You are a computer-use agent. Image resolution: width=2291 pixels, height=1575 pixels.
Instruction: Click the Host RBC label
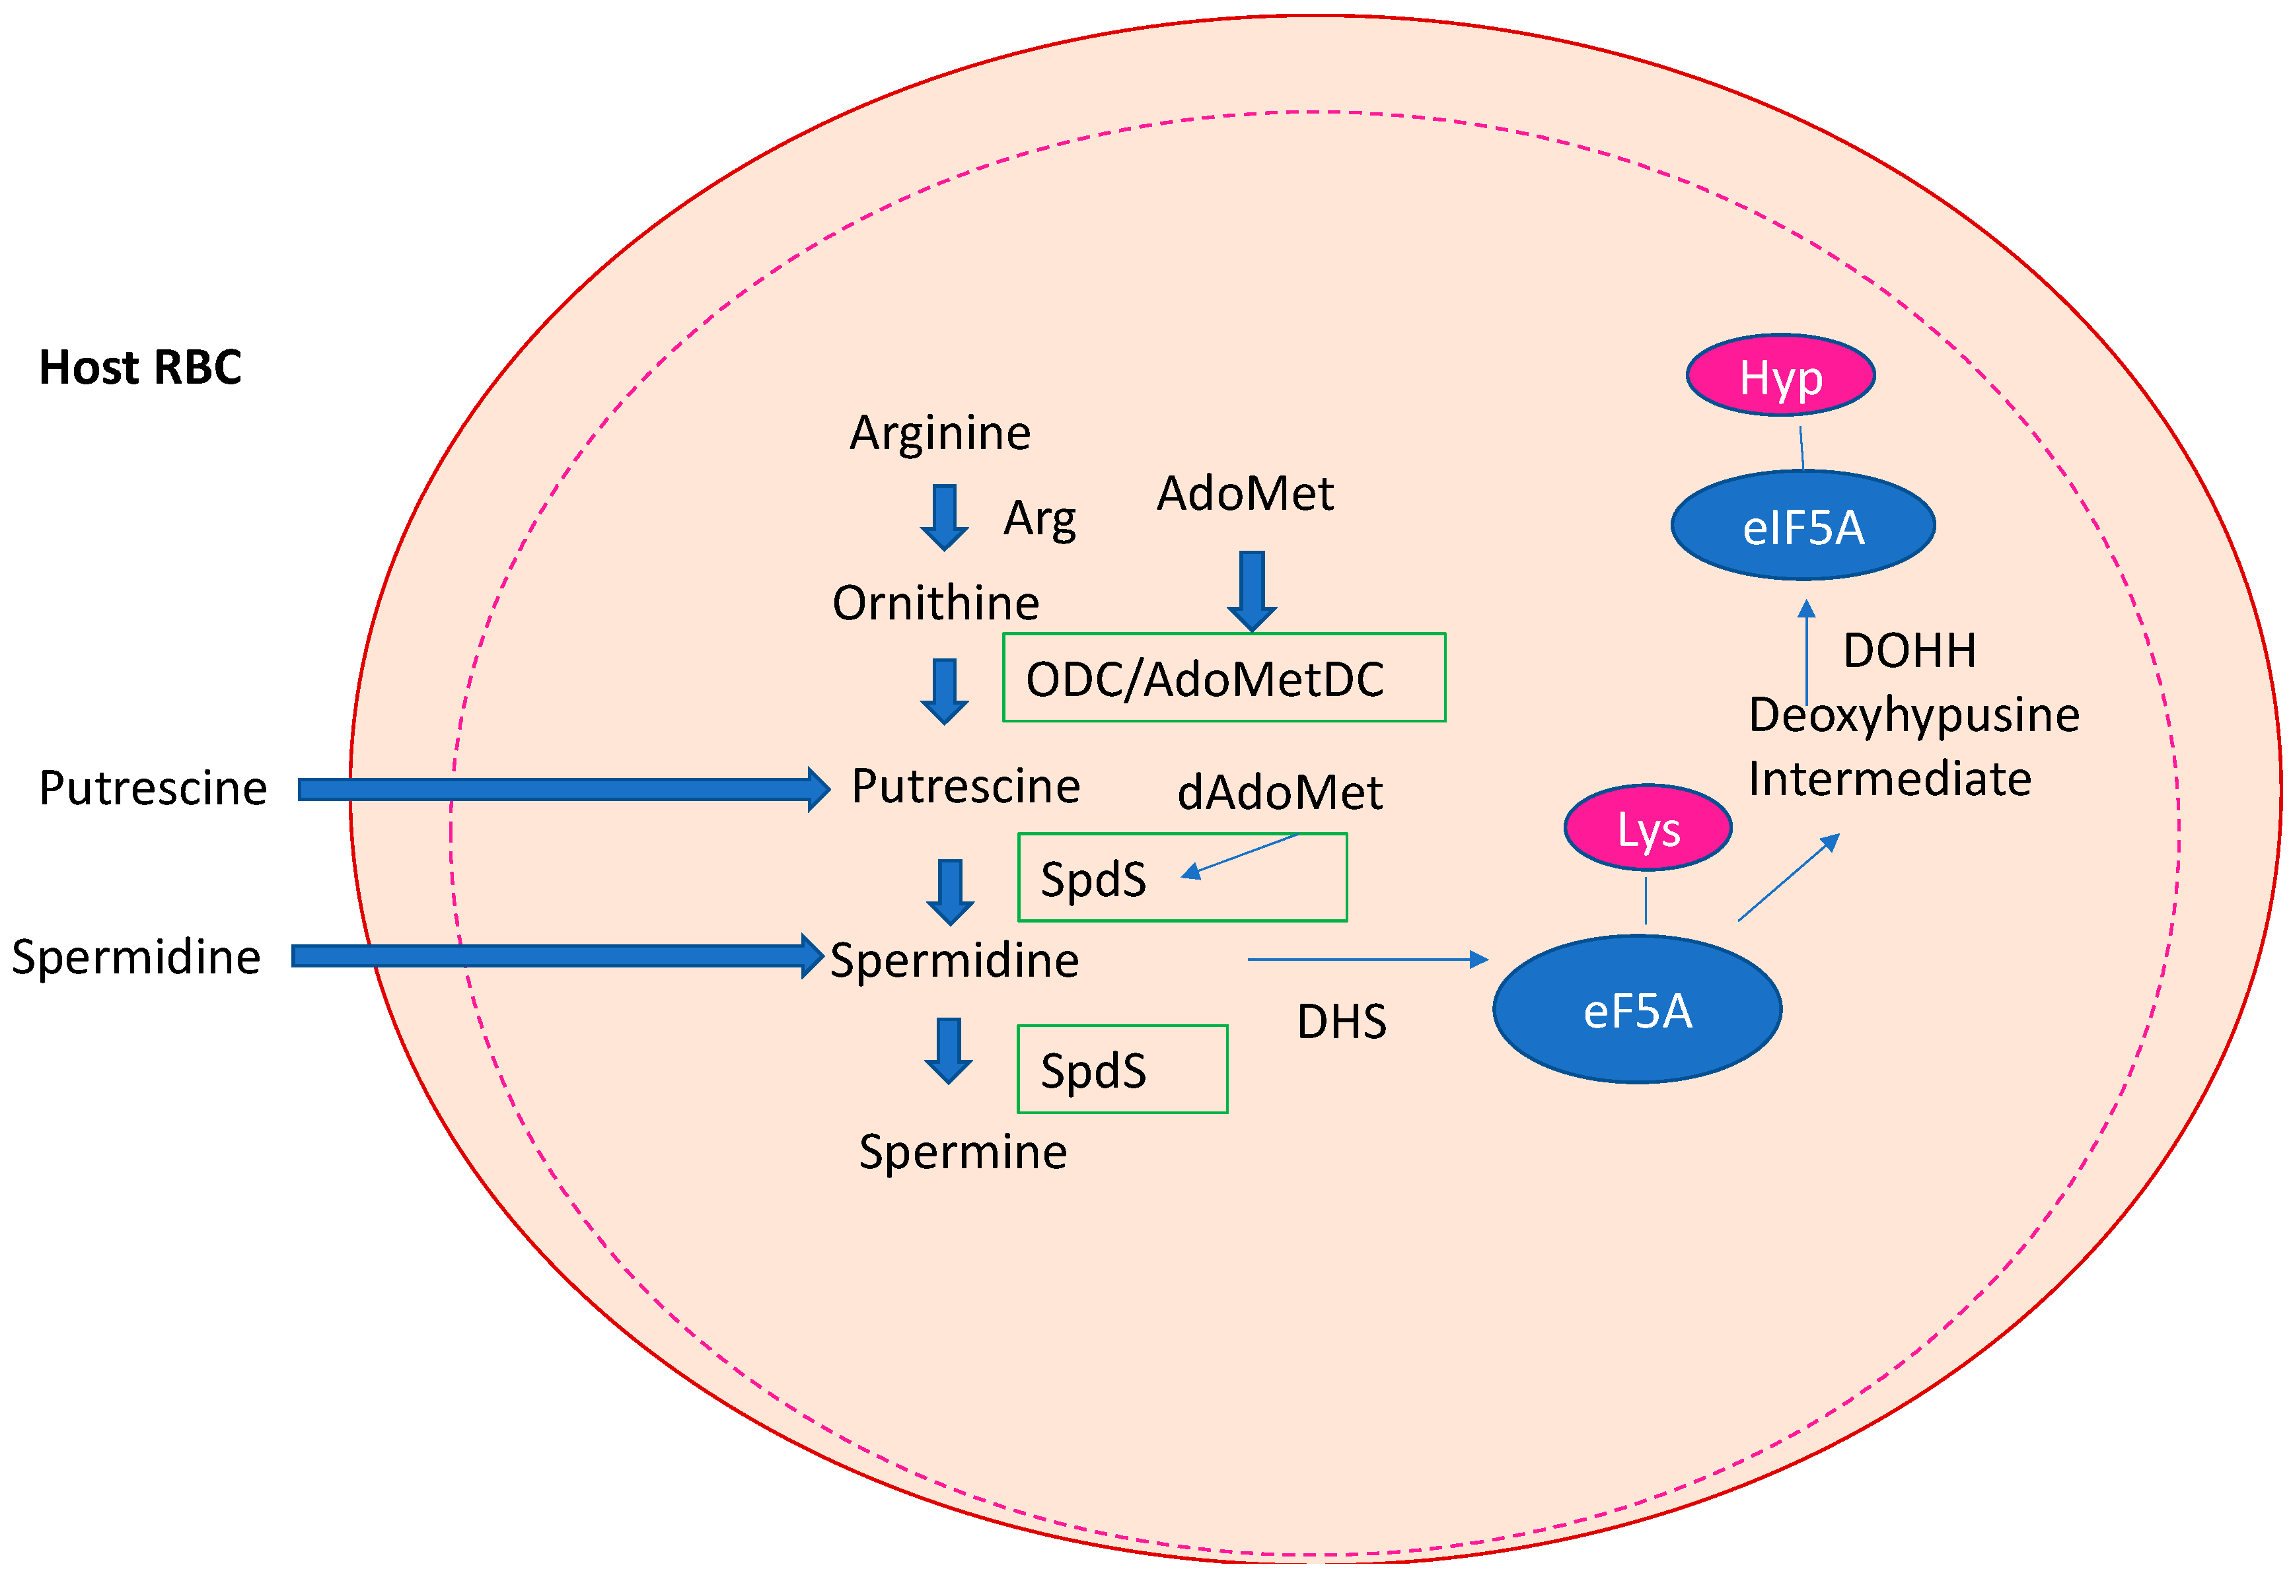coord(140,368)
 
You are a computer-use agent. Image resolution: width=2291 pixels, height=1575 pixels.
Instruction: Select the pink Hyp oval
coord(1780,376)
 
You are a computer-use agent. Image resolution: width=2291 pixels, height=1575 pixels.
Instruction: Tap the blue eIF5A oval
coord(1802,526)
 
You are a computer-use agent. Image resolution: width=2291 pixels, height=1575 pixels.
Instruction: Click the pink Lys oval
coord(1648,829)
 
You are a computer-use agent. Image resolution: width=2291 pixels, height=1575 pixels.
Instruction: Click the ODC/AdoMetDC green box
coord(1224,678)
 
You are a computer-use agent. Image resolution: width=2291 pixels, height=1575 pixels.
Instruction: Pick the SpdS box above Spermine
coord(1122,1070)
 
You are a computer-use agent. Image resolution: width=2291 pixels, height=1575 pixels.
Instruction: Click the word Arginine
coord(939,433)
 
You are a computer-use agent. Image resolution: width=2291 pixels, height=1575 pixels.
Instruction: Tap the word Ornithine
coord(935,603)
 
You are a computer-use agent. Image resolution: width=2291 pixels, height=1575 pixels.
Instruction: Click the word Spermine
coord(963,1152)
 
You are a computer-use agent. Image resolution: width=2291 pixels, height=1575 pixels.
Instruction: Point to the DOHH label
coord(1909,651)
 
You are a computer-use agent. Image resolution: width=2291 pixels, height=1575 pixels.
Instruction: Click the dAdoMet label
coord(1279,792)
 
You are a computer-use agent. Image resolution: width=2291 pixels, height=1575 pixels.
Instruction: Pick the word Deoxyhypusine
coord(1913,715)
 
